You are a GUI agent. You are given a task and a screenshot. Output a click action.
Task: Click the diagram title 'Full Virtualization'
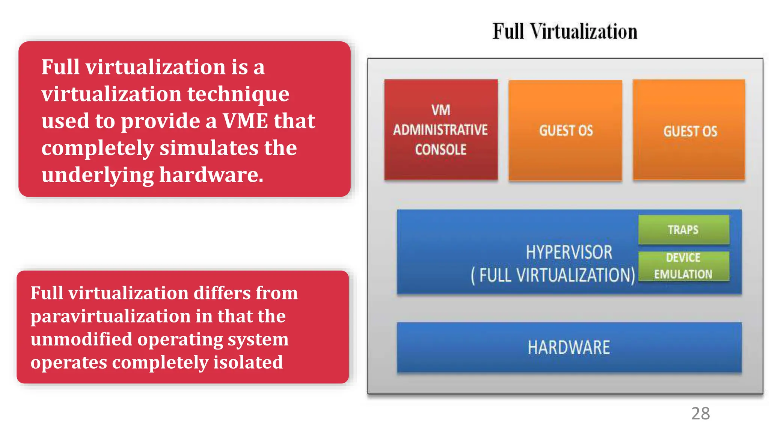(x=565, y=31)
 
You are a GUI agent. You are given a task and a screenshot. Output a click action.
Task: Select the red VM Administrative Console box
(x=441, y=130)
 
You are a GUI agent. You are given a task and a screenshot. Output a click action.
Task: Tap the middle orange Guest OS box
(x=565, y=130)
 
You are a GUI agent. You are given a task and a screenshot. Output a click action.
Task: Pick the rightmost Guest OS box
(x=689, y=130)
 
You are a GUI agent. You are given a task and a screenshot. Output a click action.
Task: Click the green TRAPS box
(x=683, y=230)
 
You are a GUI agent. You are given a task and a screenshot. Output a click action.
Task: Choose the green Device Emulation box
(x=683, y=266)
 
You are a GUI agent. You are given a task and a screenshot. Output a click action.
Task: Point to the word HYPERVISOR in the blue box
(x=569, y=252)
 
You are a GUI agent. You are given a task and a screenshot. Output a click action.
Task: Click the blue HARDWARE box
(x=569, y=347)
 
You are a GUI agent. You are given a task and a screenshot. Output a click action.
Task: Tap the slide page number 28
(x=700, y=413)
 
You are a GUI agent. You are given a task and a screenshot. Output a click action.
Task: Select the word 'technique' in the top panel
(x=238, y=94)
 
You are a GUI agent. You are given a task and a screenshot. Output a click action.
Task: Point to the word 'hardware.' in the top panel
(x=211, y=175)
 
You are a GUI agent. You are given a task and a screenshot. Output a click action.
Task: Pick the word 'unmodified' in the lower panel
(x=81, y=339)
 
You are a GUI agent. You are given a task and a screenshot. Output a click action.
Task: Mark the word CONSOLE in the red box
(x=441, y=150)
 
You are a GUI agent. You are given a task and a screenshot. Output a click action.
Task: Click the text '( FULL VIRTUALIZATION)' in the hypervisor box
(x=553, y=275)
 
